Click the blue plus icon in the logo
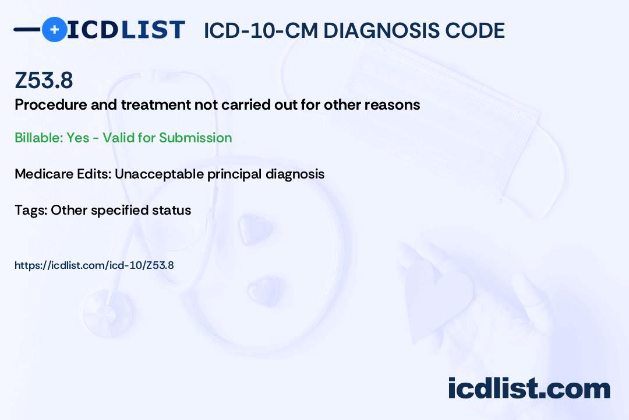pos(54,30)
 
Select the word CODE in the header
pos(469,30)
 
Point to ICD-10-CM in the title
pos(261,30)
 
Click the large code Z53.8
pos(44,80)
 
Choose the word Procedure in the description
pos(51,104)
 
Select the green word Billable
pos(38,138)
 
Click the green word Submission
pos(195,138)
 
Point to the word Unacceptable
pos(159,174)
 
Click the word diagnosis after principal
pos(295,174)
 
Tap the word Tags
pos(30,210)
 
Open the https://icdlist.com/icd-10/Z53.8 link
pos(94,265)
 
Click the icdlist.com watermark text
pos(529,388)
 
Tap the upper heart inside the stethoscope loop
pos(255,229)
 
